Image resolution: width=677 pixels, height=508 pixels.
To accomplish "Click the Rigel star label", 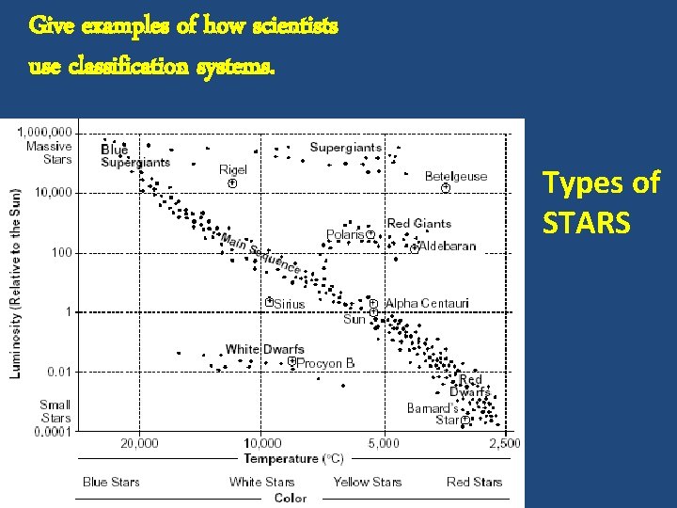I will (232, 170).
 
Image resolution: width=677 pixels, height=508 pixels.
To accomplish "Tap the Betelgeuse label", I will (456, 176).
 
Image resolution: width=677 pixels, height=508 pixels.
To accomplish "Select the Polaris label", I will (345, 234).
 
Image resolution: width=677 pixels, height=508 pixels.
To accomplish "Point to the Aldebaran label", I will (448, 246).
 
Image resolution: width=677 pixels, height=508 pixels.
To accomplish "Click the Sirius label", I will (289, 304).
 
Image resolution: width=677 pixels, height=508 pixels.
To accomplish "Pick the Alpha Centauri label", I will (427, 303).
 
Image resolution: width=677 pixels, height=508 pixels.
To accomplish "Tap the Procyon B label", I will (325, 363).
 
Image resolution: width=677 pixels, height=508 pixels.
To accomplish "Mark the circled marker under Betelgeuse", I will (446, 188).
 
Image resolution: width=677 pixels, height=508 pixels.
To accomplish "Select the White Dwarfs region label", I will (264, 350).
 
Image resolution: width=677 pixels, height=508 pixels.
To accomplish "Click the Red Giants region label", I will (419, 223).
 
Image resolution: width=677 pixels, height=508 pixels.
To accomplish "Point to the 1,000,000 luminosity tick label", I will (48, 133).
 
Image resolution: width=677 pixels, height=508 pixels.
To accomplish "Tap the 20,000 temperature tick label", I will (139, 443).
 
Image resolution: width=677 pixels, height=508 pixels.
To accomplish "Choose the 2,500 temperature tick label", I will (504, 443).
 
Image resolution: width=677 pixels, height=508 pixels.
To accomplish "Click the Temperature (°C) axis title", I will (293, 459).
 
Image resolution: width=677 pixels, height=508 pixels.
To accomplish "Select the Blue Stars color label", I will (111, 482).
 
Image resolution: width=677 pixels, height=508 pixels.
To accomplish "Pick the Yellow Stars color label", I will (367, 482).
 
